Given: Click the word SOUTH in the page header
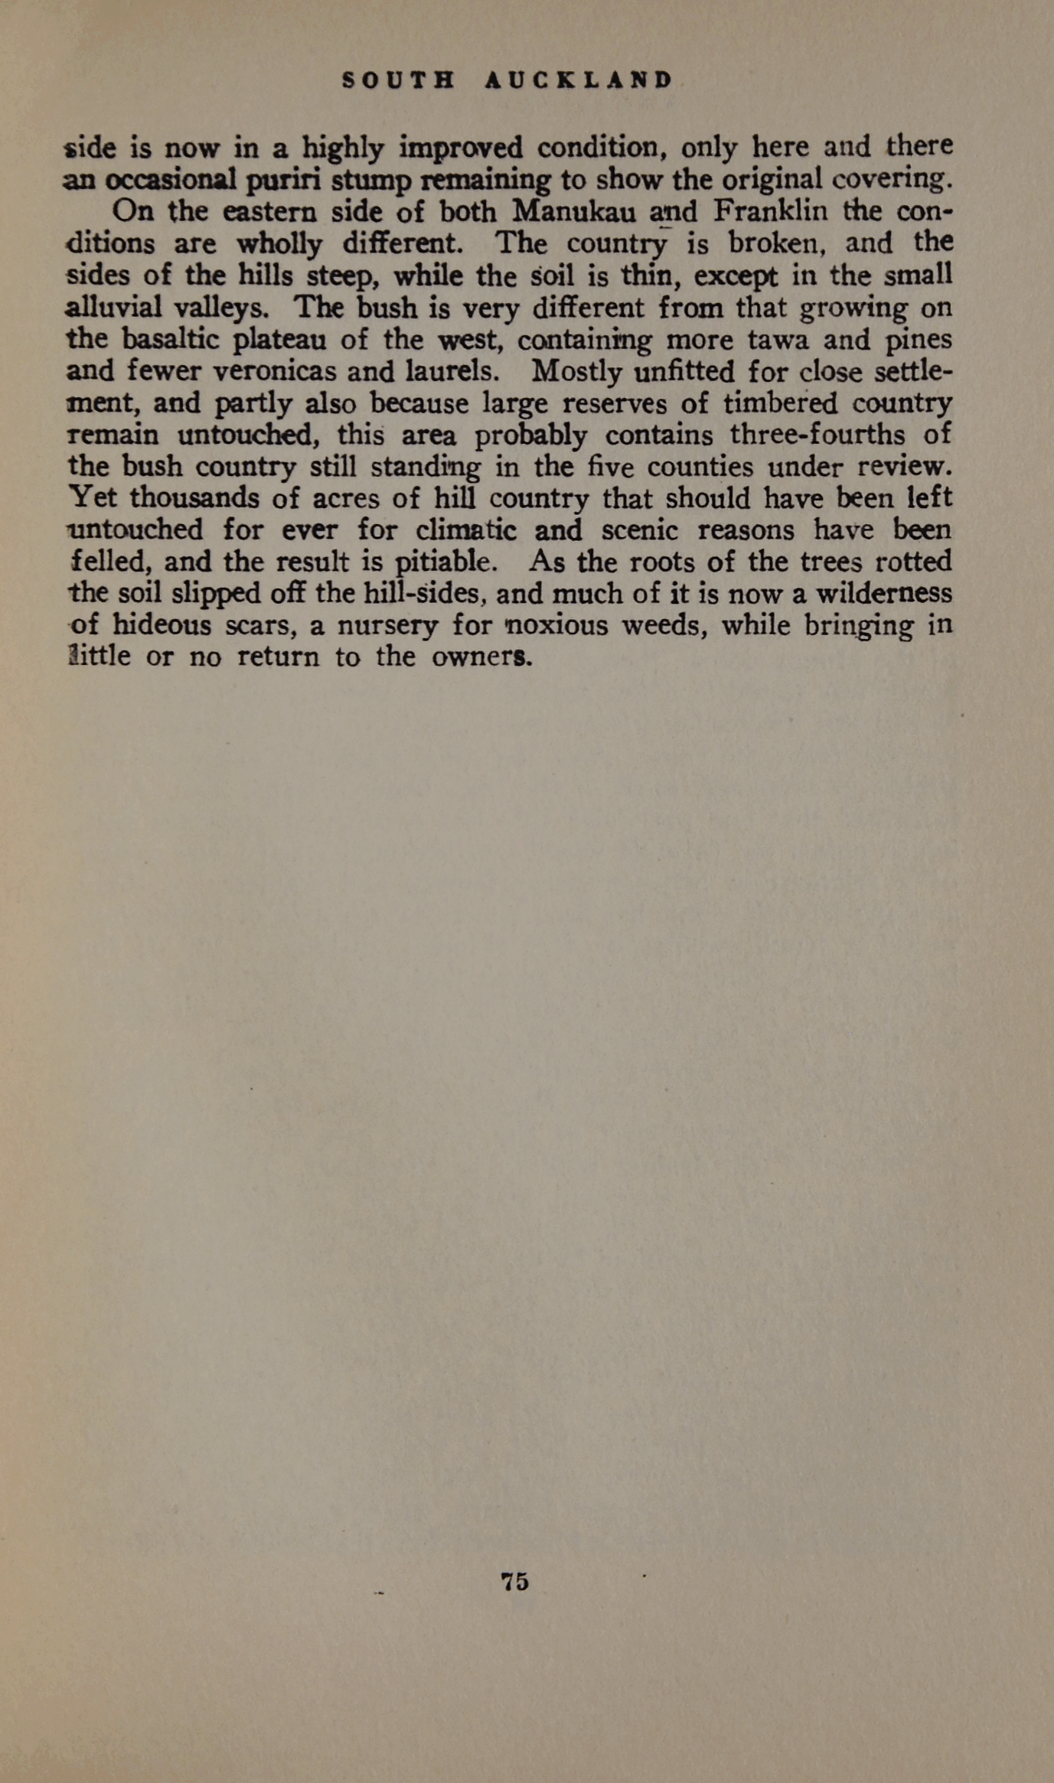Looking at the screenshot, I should (399, 80).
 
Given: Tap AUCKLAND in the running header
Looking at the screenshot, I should (579, 80).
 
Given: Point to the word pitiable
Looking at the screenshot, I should (445, 562).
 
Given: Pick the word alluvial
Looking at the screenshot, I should (114, 308).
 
